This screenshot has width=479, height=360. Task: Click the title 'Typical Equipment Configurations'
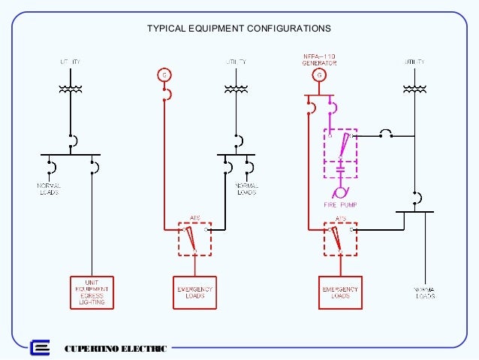pos(239,28)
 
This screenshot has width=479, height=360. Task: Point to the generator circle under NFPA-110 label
pos(321,75)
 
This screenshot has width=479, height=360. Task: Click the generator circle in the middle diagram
pos(164,74)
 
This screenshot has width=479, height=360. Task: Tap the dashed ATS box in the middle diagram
pos(194,238)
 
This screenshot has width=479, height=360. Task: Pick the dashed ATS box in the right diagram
pos(340,238)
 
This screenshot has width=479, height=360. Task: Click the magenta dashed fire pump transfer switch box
pos(340,153)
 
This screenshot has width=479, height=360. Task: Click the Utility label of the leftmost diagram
pos(70,60)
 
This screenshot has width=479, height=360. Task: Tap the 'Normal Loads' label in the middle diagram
pos(247,188)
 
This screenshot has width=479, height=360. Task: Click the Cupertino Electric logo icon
pos(40,348)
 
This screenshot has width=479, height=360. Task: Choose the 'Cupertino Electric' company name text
pos(116,348)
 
